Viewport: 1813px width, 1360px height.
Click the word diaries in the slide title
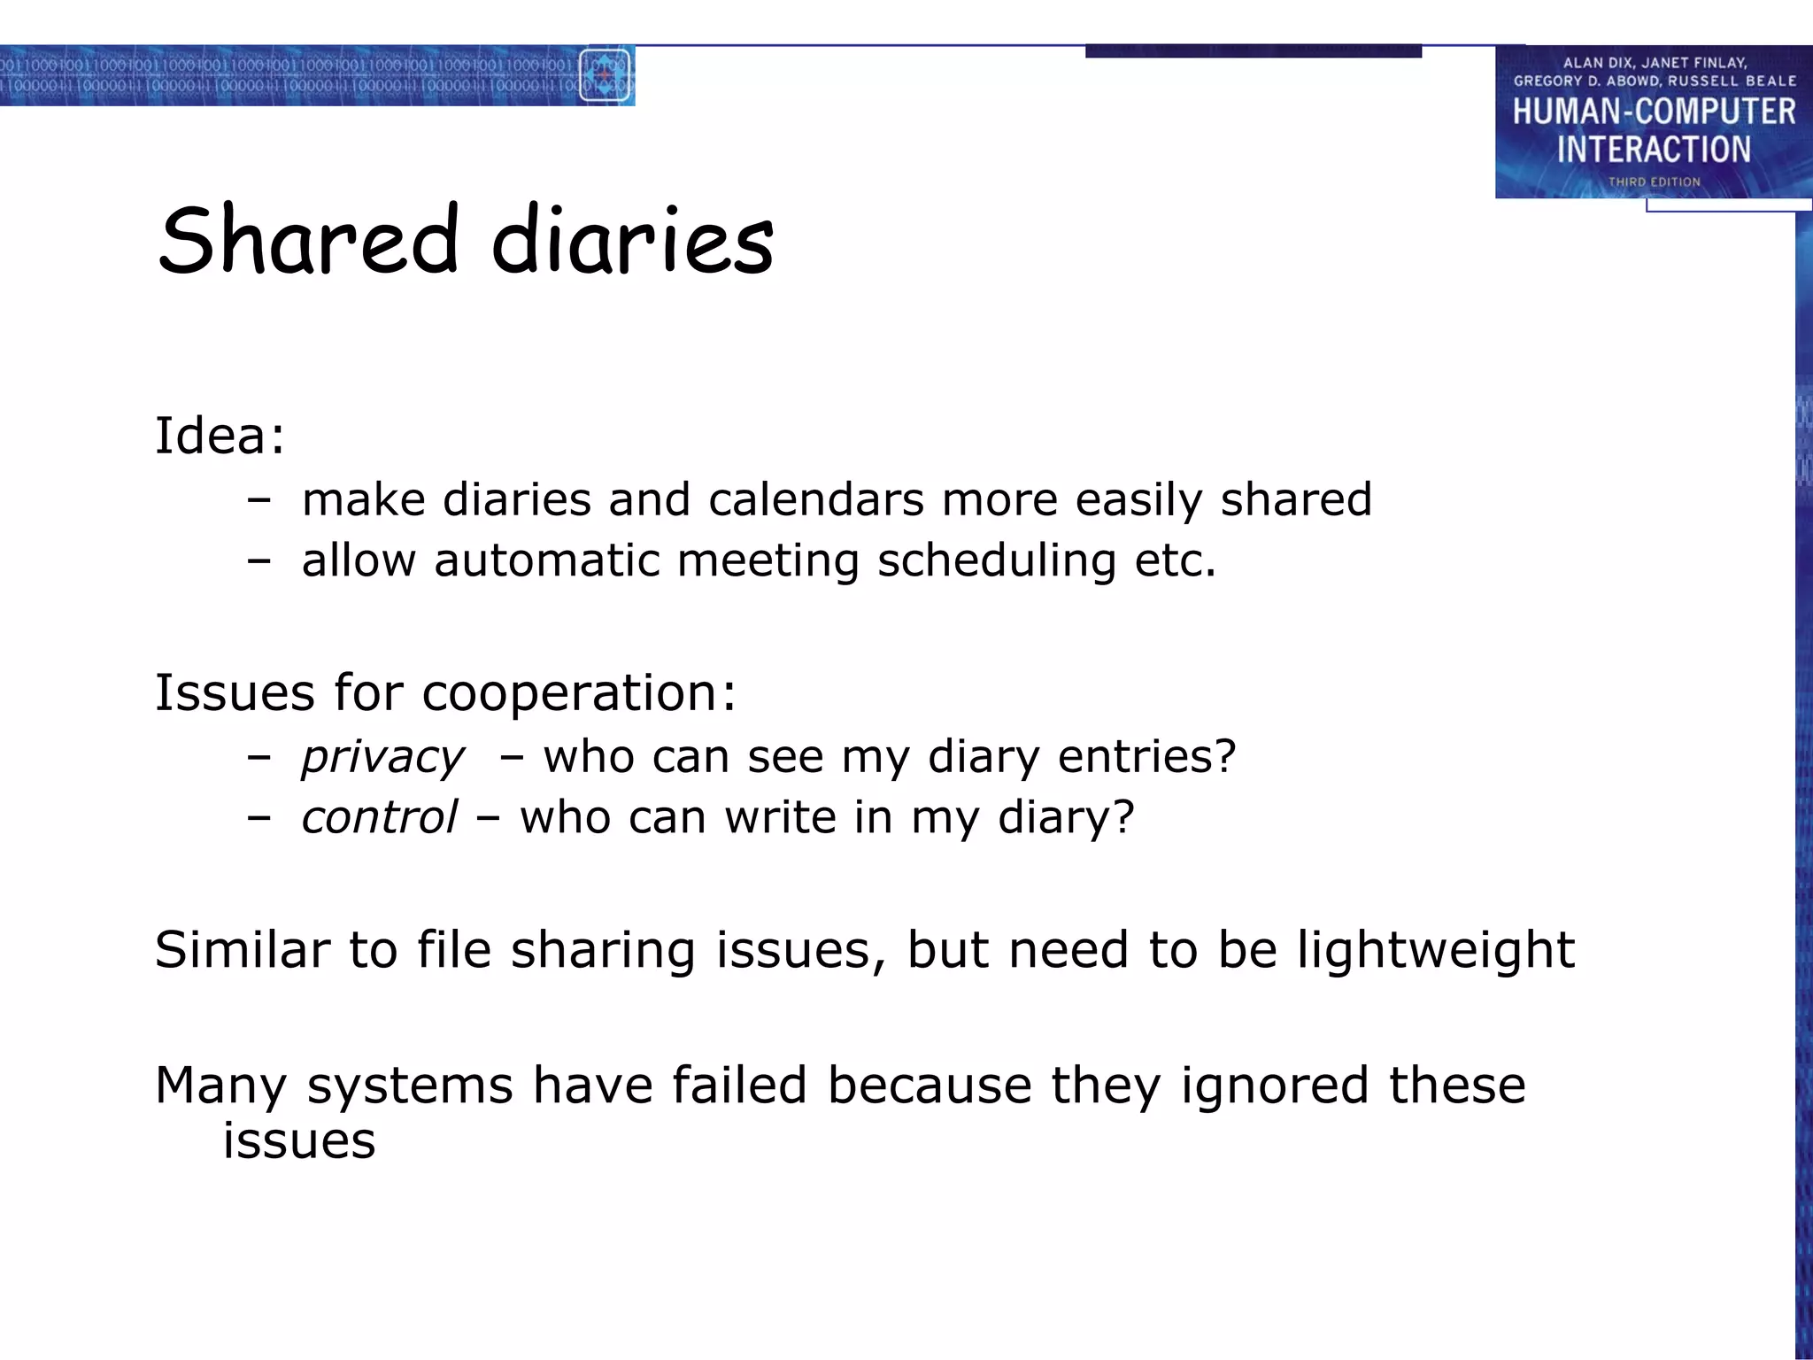(632, 241)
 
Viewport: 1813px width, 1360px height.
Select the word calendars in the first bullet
(815, 500)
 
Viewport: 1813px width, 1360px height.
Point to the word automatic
(546, 561)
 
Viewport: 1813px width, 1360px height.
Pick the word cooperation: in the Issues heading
(579, 693)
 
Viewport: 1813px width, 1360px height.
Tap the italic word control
(379, 817)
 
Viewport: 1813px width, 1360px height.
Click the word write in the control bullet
(780, 817)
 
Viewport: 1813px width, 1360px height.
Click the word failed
(739, 1086)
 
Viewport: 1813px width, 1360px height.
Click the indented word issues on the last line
(299, 1141)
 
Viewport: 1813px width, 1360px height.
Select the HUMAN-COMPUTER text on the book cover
(1654, 112)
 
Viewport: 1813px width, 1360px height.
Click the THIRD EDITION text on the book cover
(1654, 182)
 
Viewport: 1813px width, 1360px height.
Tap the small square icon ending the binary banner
(605, 76)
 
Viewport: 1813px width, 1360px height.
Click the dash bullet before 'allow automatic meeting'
(258, 561)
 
